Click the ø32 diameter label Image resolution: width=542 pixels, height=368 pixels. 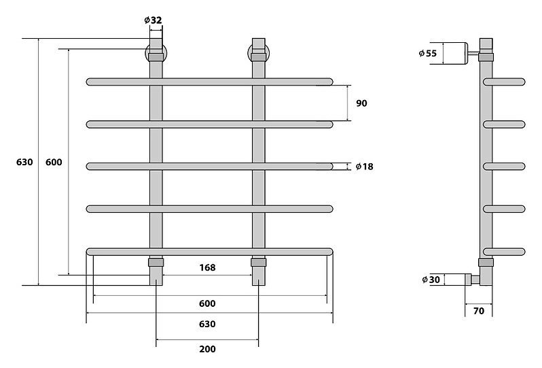(x=153, y=20)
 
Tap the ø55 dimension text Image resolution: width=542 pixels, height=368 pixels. (x=428, y=53)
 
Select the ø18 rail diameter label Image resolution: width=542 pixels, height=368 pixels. (x=364, y=167)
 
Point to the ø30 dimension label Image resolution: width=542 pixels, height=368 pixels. (x=431, y=280)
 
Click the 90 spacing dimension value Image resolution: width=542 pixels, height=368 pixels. (x=361, y=103)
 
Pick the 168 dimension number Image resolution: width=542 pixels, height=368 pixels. (x=207, y=267)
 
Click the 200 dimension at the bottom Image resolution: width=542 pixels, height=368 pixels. (x=207, y=349)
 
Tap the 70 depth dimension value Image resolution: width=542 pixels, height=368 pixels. (x=479, y=311)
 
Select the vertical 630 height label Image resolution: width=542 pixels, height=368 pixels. (x=24, y=162)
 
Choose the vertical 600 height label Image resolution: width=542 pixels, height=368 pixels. (x=54, y=162)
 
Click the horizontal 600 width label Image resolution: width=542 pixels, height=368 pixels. (x=207, y=303)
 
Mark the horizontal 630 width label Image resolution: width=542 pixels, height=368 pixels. (x=207, y=324)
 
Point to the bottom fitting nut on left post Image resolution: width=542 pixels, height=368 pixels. (x=156, y=263)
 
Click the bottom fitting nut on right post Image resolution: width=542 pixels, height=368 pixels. (x=259, y=263)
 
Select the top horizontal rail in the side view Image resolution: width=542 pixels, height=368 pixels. (x=505, y=82)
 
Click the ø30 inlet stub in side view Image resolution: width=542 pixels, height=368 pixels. (x=472, y=280)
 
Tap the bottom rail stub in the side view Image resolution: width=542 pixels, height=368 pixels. (x=505, y=252)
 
